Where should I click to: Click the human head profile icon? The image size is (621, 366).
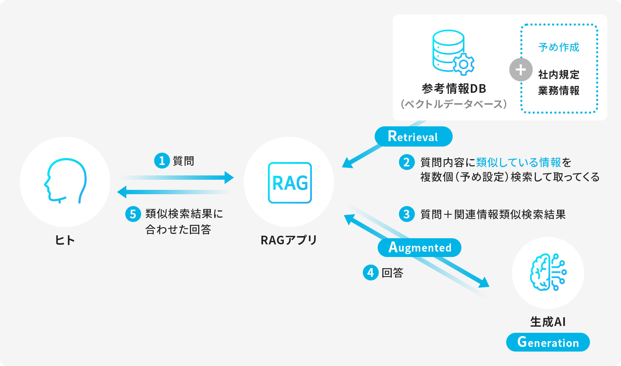(65, 180)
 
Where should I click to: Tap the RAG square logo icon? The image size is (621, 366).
(290, 183)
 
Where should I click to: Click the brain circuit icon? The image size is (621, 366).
(548, 272)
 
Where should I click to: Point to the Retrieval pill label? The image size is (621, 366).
(413, 136)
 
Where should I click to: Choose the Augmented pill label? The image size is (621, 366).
(420, 248)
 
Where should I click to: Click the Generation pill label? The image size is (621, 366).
(548, 342)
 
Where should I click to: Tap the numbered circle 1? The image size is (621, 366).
(162, 161)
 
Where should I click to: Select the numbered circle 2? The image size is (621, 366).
(407, 162)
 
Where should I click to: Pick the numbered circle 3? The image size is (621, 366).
(407, 214)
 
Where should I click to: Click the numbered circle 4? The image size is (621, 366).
(370, 273)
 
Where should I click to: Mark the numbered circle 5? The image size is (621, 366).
(133, 214)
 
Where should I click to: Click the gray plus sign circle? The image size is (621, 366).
(521, 70)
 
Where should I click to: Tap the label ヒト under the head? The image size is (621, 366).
(65, 240)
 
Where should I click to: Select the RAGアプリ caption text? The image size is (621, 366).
(288, 240)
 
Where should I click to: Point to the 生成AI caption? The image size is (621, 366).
(548, 322)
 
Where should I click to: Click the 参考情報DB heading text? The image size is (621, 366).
(454, 88)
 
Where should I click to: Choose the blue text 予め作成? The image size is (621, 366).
(559, 47)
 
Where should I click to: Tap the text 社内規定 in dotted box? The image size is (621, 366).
(559, 75)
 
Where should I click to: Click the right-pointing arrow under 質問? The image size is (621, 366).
(177, 178)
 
